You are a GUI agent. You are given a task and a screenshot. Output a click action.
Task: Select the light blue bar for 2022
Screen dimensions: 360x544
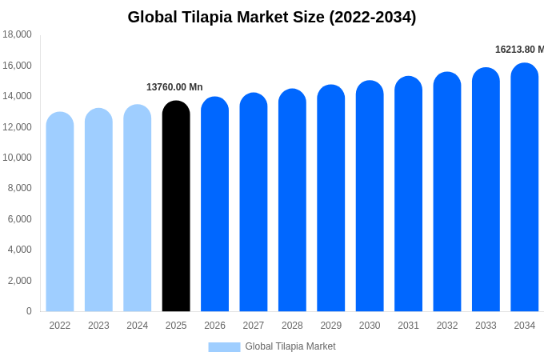(x=60, y=212)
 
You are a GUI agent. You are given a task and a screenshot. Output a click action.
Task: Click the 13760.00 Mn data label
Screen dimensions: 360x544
(x=174, y=87)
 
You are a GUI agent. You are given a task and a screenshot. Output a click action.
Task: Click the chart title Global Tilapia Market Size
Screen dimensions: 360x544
(x=272, y=17)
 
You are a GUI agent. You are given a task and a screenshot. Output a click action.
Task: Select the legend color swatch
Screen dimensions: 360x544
(x=224, y=346)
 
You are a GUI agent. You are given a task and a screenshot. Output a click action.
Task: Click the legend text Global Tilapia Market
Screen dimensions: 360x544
(x=290, y=346)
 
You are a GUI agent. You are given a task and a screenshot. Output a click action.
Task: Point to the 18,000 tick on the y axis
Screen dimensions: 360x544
(x=18, y=34)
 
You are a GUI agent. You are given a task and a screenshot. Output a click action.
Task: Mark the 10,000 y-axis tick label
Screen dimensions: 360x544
(x=18, y=158)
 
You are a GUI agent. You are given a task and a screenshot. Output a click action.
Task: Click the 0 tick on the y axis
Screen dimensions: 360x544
(x=29, y=311)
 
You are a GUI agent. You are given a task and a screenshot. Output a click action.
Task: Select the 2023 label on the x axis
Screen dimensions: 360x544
(x=98, y=326)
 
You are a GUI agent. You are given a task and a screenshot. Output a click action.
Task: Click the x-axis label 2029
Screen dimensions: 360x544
(x=331, y=326)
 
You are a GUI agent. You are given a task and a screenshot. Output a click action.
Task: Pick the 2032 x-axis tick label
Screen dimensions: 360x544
(x=447, y=326)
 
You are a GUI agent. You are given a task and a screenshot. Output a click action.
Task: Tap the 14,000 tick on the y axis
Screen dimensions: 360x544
(x=18, y=96)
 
